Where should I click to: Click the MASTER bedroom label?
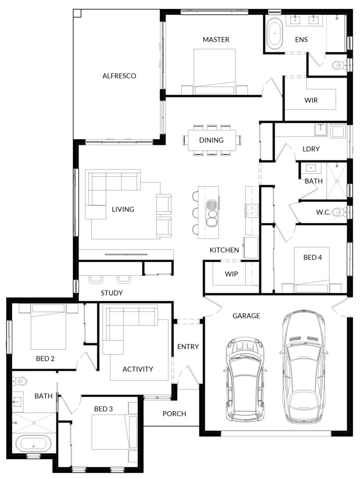click(x=216, y=39)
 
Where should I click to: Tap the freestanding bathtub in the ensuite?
click(x=274, y=33)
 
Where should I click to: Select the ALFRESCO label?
click(x=119, y=76)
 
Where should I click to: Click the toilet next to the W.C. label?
click(x=338, y=211)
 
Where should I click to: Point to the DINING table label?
click(x=211, y=140)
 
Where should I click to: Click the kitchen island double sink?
click(x=211, y=213)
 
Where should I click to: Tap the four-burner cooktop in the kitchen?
click(x=252, y=211)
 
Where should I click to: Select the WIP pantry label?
click(x=231, y=274)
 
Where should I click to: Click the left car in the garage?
click(x=245, y=379)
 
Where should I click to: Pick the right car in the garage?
click(x=303, y=367)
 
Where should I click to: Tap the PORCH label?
click(x=174, y=414)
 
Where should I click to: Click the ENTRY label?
click(x=188, y=347)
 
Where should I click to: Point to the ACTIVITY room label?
click(x=138, y=369)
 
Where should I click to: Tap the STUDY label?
click(x=112, y=293)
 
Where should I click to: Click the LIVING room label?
click(x=123, y=209)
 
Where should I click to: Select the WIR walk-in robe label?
click(x=311, y=100)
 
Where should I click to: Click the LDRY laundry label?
click(x=311, y=149)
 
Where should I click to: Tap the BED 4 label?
click(x=312, y=258)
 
